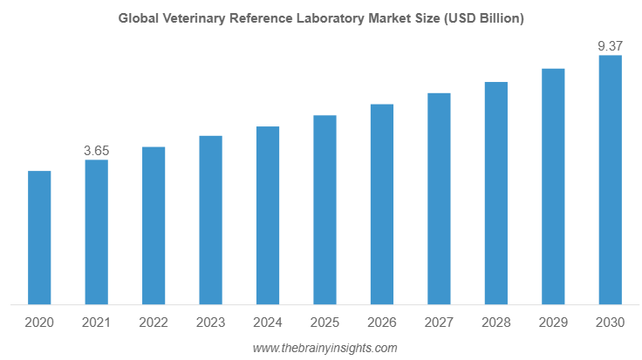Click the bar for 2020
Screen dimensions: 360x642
pos(39,238)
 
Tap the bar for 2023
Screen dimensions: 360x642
pos(210,221)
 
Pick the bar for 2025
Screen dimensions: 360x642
pos(324,210)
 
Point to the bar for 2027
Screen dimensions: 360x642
pos(439,199)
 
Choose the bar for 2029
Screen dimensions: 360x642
pos(553,187)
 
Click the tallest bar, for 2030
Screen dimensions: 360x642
pos(610,180)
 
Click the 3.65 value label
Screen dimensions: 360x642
pos(96,151)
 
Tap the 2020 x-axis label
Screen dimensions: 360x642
pos(39,323)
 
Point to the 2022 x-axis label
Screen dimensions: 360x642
pos(154,323)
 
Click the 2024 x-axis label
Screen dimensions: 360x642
pos(268,323)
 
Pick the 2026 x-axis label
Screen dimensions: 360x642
pos(382,323)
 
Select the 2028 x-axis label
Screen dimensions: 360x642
pos(496,323)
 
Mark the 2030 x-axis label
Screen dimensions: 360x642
pos(610,323)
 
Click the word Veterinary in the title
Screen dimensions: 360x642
pos(188,18)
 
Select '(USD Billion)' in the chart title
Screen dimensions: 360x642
pos(486,18)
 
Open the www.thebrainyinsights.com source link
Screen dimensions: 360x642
pos(324,348)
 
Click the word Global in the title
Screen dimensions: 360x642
pos(136,18)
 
